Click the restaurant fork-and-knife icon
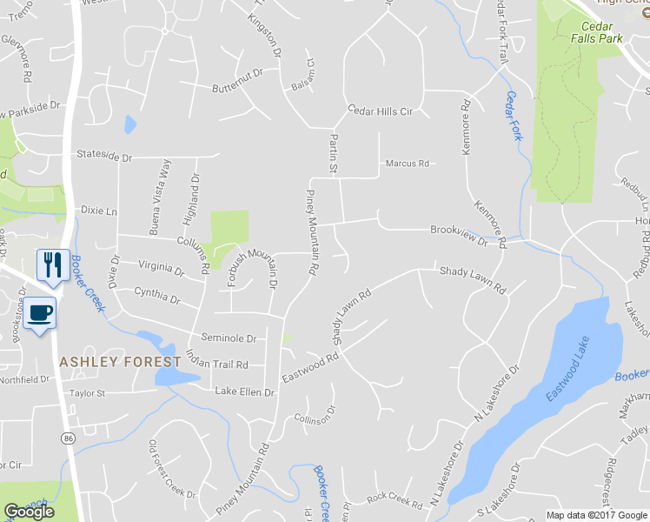click(52, 264)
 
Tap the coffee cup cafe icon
click(40, 311)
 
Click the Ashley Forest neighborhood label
click(120, 361)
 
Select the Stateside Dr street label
click(103, 157)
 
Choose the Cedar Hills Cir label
click(380, 111)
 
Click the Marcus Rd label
click(408, 164)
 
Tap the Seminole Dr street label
click(229, 338)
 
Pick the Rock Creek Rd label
click(394, 498)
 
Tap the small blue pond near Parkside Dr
click(130, 124)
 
